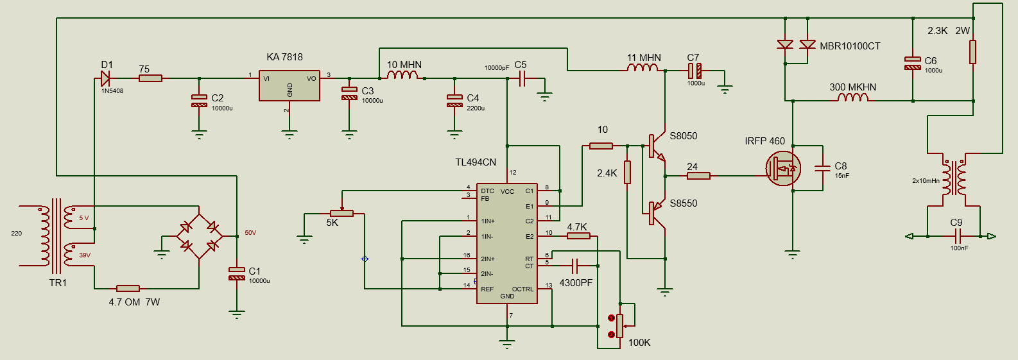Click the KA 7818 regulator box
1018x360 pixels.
pyautogui.click(x=289, y=85)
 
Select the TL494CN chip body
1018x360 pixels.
pyautogui.click(x=506, y=244)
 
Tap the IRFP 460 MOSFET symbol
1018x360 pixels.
pyautogui.click(x=783, y=169)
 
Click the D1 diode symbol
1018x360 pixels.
pyautogui.click(x=105, y=79)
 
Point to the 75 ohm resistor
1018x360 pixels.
pyautogui.click(x=150, y=79)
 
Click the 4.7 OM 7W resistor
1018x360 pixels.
pyautogui.click(x=128, y=288)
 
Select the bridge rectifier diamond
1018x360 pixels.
pyautogui.click(x=199, y=236)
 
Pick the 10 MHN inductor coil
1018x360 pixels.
pyautogui.click(x=405, y=75)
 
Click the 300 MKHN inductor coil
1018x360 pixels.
pyautogui.click(x=853, y=98)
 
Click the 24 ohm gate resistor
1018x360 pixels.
pyautogui.click(x=698, y=175)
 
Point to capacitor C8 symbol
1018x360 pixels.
pyautogui.click(x=823, y=168)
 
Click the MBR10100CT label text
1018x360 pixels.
pyautogui.click(x=850, y=46)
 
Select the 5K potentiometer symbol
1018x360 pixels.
pyautogui.click(x=341, y=213)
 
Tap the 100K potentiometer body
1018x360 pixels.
pyautogui.click(x=620, y=325)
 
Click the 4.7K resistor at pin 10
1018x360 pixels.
pyautogui.click(x=578, y=236)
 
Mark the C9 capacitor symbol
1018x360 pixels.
pyautogui.click(x=956, y=236)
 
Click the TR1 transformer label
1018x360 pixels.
pyautogui.click(x=58, y=283)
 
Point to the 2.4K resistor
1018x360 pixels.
pyautogui.click(x=627, y=172)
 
